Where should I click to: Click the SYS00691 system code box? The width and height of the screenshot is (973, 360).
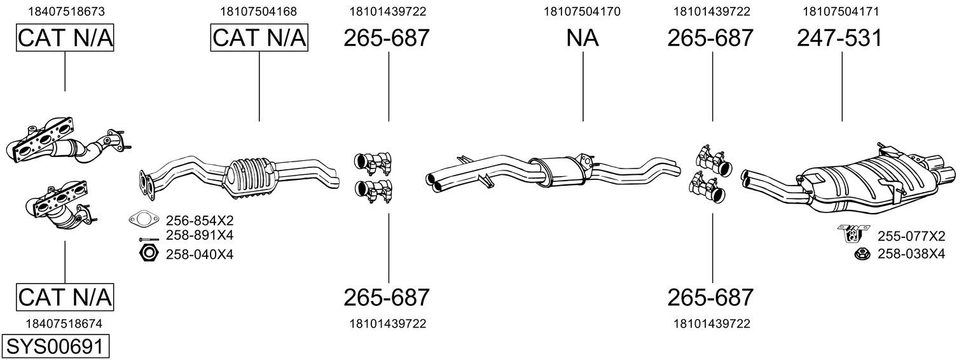(55, 347)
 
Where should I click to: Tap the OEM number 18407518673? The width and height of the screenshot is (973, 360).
(67, 11)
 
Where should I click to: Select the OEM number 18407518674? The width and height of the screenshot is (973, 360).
(64, 324)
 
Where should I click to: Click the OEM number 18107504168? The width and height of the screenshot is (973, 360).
(258, 11)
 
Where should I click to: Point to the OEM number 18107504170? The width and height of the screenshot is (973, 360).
(582, 11)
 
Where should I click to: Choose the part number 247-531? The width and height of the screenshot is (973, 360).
(839, 38)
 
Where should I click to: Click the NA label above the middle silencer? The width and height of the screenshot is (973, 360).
(583, 38)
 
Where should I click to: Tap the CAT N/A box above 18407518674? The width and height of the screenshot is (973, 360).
(65, 297)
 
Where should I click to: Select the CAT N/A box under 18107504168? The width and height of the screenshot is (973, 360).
(259, 38)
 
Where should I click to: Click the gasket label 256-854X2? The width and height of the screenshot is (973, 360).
(200, 219)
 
